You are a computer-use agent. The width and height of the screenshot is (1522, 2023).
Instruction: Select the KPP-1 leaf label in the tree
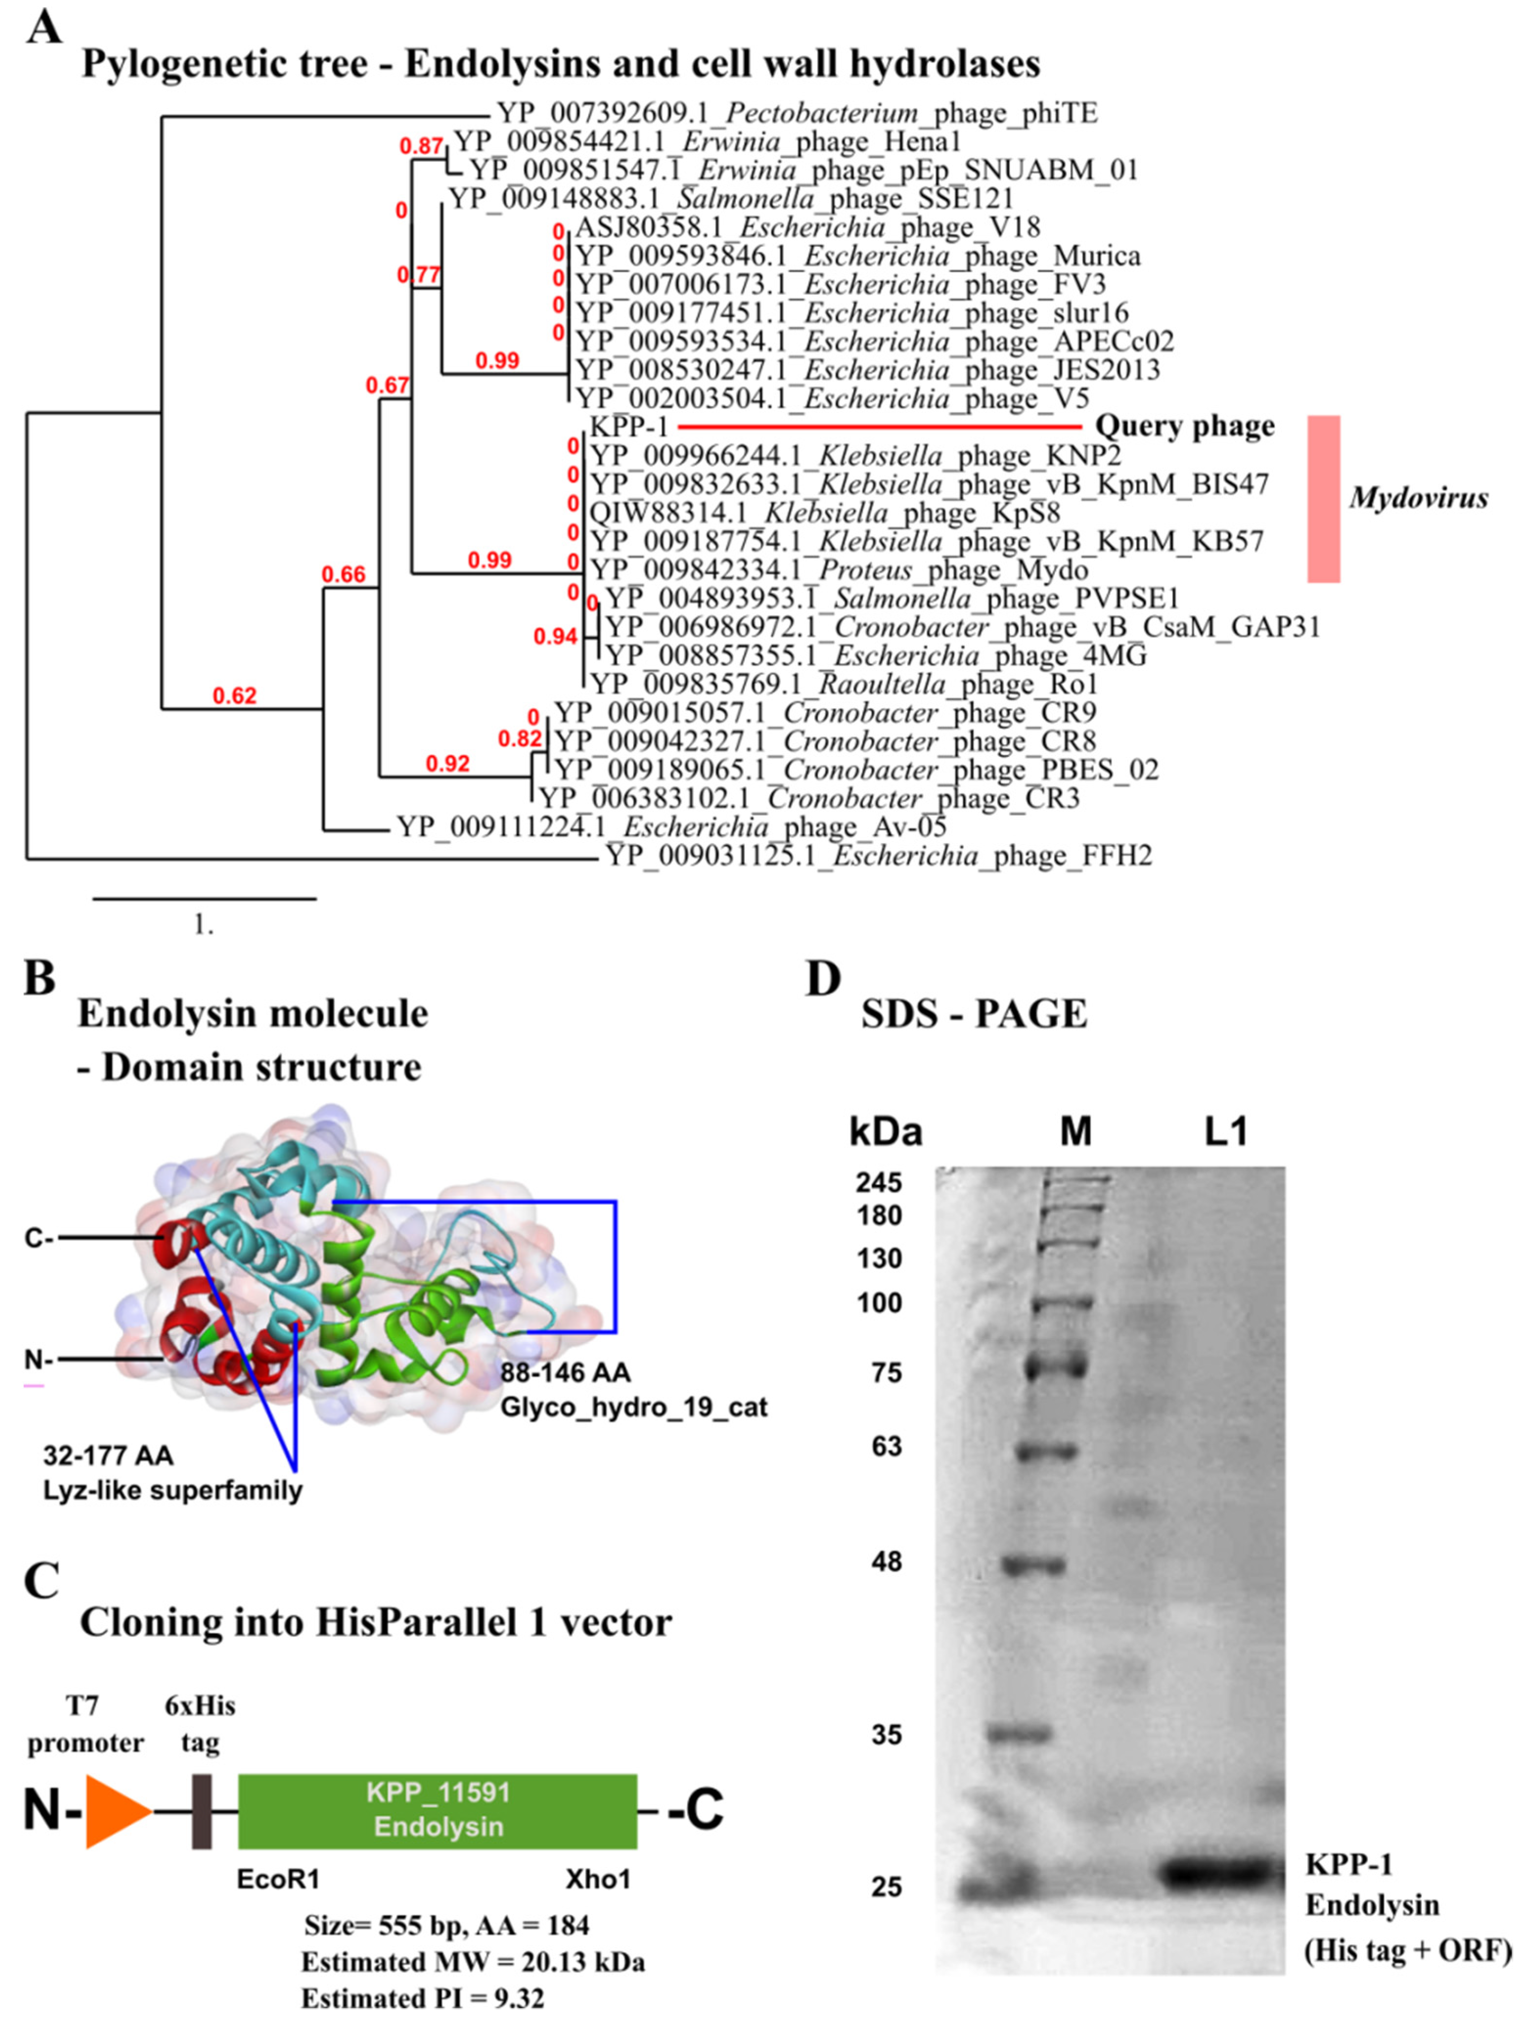pos(629,426)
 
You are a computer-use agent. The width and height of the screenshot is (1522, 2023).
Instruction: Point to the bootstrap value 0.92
pos(448,763)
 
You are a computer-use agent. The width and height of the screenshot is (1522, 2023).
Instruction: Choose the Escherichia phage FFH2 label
pos(878,856)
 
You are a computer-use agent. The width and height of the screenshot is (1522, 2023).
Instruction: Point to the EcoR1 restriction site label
pos(278,1879)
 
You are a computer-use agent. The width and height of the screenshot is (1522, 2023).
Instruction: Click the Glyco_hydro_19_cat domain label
pos(633,1406)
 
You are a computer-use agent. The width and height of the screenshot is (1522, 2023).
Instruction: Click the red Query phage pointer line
pos(878,426)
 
